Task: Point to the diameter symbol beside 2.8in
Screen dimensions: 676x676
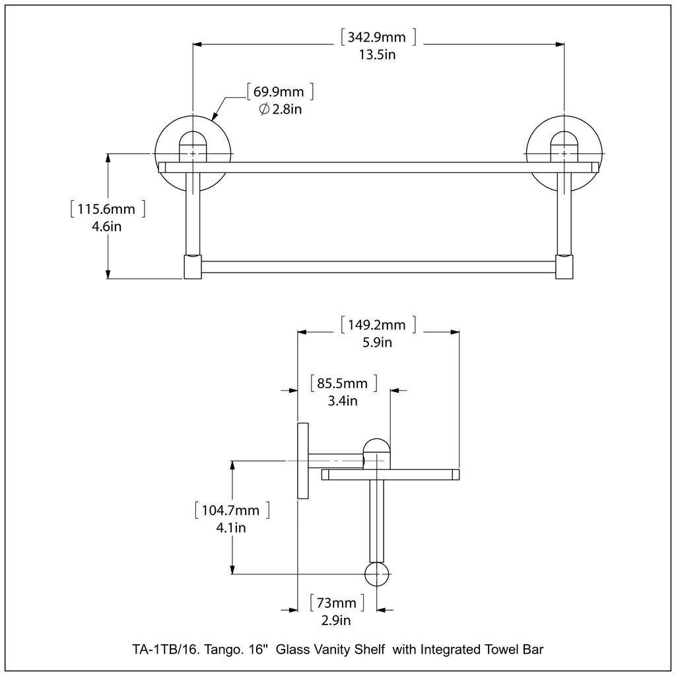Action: (x=263, y=110)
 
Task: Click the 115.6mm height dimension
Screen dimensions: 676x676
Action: (x=106, y=209)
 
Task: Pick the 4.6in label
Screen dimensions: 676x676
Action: (x=106, y=226)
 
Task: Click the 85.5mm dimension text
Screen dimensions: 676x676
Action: (x=343, y=383)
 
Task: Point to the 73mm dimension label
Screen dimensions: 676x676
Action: (x=337, y=603)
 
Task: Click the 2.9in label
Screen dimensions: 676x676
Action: (x=335, y=620)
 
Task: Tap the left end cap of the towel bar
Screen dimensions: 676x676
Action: (x=192, y=267)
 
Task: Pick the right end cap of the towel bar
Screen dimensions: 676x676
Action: (x=564, y=267)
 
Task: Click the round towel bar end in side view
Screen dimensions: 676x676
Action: (x=377, y=574)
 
